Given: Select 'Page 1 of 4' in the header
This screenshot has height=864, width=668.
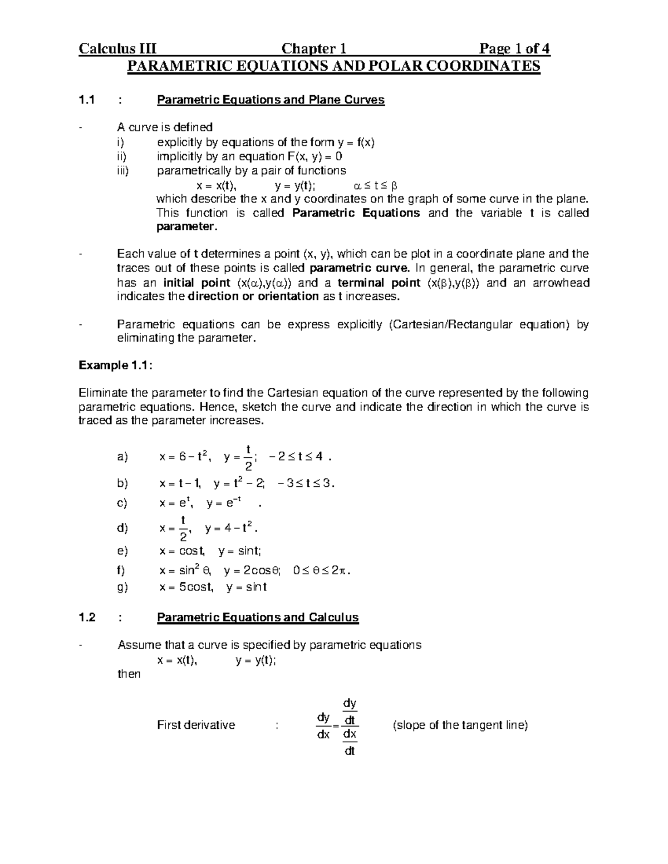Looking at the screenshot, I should tap(510, 50).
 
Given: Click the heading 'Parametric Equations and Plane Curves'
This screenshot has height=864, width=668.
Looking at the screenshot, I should tap(271, 100).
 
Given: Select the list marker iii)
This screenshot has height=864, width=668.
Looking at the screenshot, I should tap(122, 171).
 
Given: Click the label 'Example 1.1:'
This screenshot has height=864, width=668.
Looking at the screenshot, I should tap(115, 366).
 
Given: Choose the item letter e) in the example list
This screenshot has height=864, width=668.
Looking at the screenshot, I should tap(122, 551).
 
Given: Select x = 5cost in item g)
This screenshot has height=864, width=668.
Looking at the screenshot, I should tap(186, 587).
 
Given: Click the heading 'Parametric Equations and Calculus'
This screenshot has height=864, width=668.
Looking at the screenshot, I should tap(258, 618).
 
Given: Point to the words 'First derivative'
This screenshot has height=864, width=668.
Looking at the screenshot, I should tap(196, 725).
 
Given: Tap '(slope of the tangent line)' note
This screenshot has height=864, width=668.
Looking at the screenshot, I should tap(460, 725).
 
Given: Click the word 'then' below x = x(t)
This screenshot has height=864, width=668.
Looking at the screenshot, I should tap(129, 674).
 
